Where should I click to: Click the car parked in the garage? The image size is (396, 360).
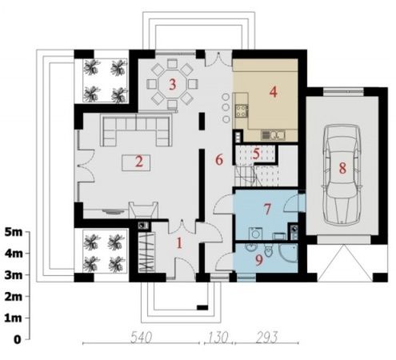tap(342, 174)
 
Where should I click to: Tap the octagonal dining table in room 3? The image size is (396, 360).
tap(173, 85)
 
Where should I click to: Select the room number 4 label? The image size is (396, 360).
tap(273, 92)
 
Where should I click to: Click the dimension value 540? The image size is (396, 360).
tap(142, 337)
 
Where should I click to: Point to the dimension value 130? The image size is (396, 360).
tap(218, 337)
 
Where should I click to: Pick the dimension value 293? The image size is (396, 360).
tap(267, 337)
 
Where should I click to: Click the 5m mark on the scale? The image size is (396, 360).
tap(14, 232)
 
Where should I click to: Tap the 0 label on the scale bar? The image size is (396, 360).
tap(17, 340)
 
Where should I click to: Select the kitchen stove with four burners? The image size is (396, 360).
tap(242, 111)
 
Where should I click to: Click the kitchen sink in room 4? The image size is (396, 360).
tap(273, 135)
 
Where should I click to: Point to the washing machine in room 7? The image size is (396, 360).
tap(255, 234)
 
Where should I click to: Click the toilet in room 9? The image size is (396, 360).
tap(268, 250)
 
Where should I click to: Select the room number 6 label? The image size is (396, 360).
tap(219, 160)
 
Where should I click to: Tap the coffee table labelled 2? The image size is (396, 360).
tap(136, 162)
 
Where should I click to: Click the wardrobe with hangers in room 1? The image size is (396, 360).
tap(146, 252)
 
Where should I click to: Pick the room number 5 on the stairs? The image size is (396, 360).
tap(256, 154)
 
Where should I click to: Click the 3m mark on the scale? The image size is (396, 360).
tap(14, 275)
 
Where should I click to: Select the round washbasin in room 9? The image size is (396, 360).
tap(250, 247)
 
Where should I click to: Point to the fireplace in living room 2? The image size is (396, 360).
tap(143, 210)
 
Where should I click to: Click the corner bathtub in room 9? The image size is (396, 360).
tap(288, 253)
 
